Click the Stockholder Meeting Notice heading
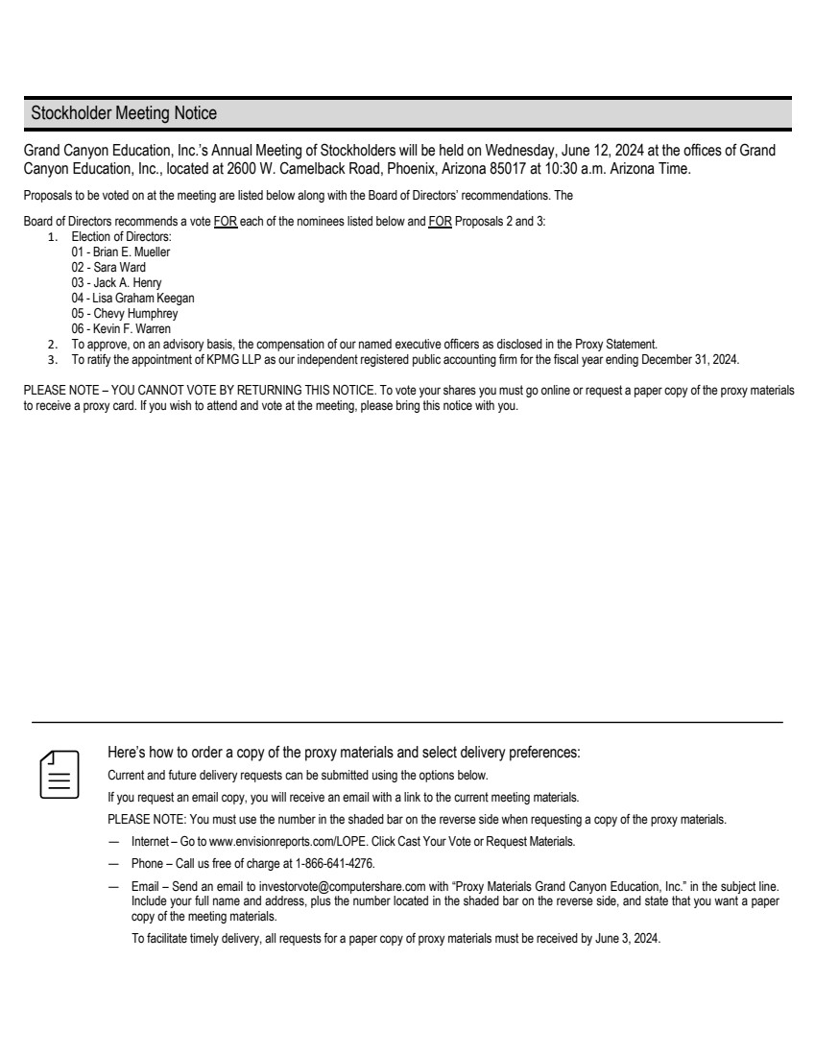coord(124,113)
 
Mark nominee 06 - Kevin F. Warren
coord(121,329)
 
